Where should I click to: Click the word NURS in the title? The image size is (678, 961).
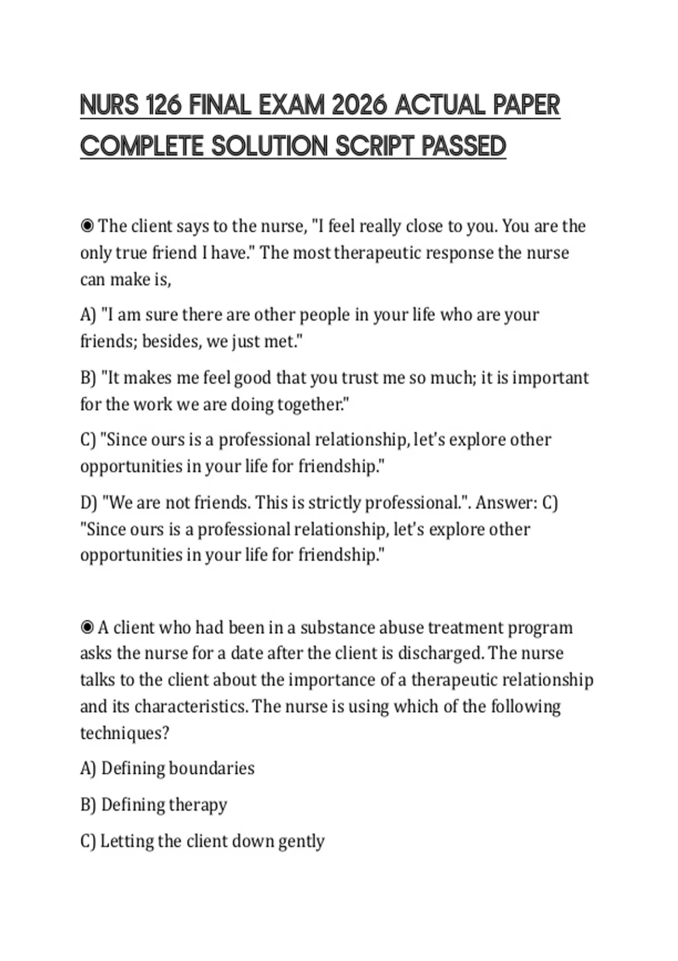tap(109, 105)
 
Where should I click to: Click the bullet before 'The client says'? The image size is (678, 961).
tap(87, 226)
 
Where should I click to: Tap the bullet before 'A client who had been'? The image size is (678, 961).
tap(87, 627)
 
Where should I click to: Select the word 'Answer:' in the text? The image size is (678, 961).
tap(506, 503)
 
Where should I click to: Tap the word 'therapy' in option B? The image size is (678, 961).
tap(198, 805)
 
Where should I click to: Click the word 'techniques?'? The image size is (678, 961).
tap(124, 733)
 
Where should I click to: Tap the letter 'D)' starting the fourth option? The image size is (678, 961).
tap(89, 503)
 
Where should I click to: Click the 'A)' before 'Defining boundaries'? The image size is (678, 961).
tap(89, 768)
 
